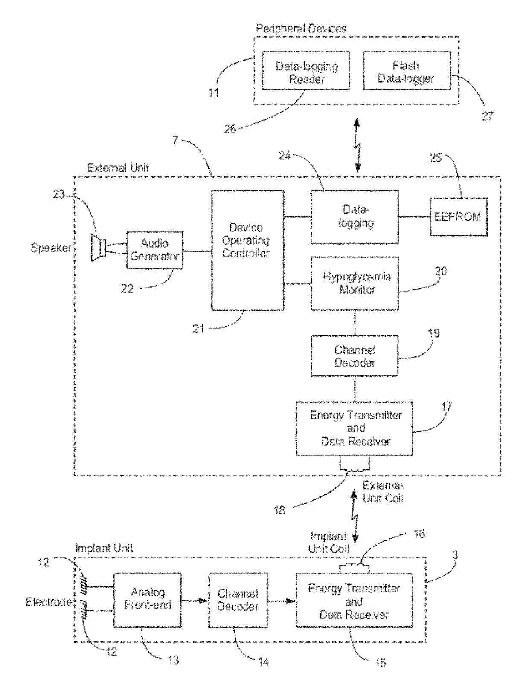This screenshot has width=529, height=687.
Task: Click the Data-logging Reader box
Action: click(306, 71)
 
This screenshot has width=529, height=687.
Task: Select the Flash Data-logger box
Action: click(406, 71)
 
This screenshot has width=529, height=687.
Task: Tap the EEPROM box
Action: click(458, 216)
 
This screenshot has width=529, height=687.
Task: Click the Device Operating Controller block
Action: click(247, 250)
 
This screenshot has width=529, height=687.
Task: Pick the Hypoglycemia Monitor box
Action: click(355, 283)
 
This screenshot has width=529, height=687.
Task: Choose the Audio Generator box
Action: click(154, 250)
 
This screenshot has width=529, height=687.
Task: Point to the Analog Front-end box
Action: click(147, 600)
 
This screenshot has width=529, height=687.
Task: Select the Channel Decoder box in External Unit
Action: click(355, 356)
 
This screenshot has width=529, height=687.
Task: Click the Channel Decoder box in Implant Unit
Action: click(238, 600)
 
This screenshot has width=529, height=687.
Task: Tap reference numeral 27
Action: click(487, 116)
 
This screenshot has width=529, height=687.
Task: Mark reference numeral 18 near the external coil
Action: click(279, 510)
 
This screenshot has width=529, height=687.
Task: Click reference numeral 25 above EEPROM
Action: click(435, 158)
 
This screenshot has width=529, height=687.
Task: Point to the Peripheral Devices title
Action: click(301, 29)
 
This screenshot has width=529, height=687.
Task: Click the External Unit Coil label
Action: click(383, 492)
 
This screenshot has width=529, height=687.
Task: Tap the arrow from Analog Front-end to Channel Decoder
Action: click(195, 601)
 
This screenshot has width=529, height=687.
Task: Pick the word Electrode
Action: click(48, 602)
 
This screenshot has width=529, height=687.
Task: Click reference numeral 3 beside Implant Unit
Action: click(456, 555)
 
